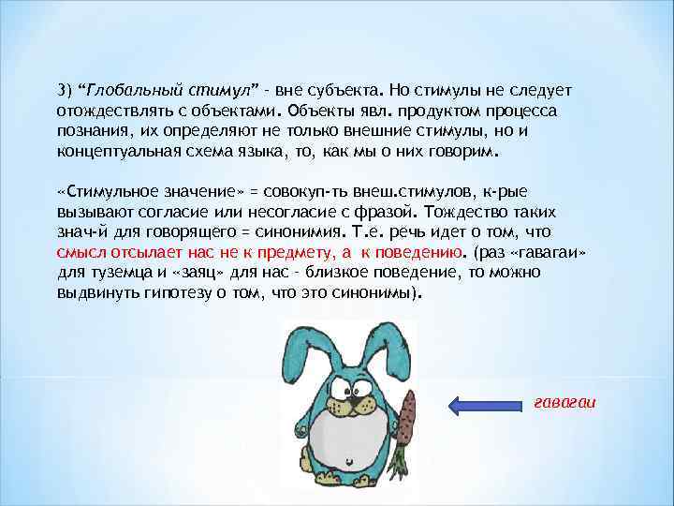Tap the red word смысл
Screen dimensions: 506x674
[81, 252]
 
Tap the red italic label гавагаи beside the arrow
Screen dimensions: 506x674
[564, 402]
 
